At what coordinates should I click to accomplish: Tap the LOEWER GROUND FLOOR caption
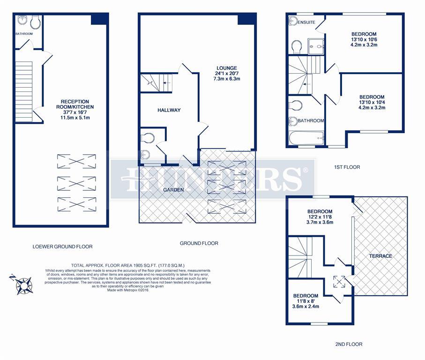point(62,247)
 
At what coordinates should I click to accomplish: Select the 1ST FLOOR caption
point(347,167)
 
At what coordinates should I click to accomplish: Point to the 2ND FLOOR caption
point(349,344)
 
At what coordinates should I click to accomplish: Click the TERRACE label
point(380,256)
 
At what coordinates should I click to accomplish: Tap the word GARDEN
point(173,189)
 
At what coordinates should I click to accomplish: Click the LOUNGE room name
point(226,68)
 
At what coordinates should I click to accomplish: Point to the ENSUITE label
point(306,22)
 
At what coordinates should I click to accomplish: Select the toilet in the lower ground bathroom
point(36,22)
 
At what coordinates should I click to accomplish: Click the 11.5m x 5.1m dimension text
point(77,118)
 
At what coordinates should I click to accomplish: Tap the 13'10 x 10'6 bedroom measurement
point(364,40)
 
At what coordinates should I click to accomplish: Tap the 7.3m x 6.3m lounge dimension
point(226,79)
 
